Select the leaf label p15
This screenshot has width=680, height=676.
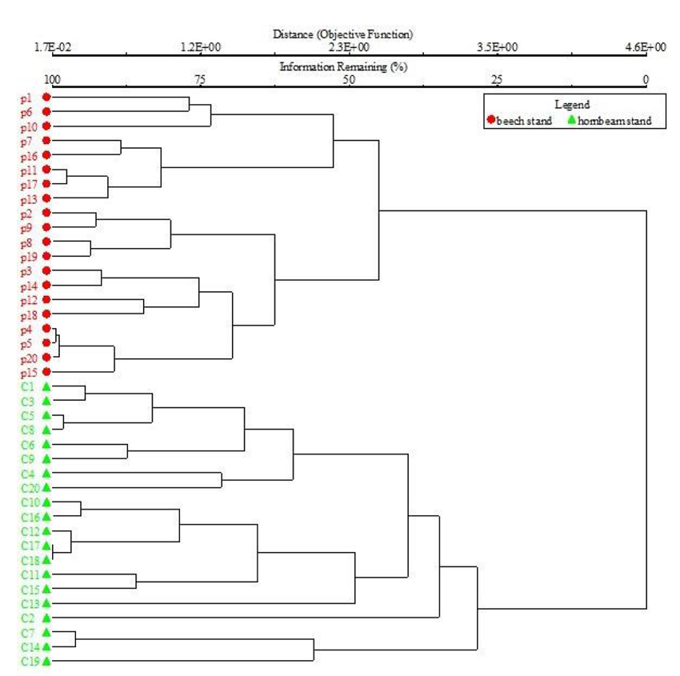(x=26, y=373)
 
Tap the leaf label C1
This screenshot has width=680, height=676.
(x=26, y=387)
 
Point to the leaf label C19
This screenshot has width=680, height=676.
(x=29, y=661)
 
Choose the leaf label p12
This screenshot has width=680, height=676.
(x=26, y=300)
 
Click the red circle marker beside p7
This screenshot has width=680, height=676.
(x=46, y=141)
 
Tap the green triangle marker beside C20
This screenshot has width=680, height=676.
(x=46, y=486)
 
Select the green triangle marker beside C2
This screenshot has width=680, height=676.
(x=46, y=617)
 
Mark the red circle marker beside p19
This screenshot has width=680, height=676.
(x=46, y=256)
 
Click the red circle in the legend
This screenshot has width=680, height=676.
(x=491, y=121)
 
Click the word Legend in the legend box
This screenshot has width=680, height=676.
(x=572, y=105)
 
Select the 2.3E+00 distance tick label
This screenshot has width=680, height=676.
(x=349, y=47)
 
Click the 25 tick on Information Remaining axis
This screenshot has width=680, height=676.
(x=497, y=79)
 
